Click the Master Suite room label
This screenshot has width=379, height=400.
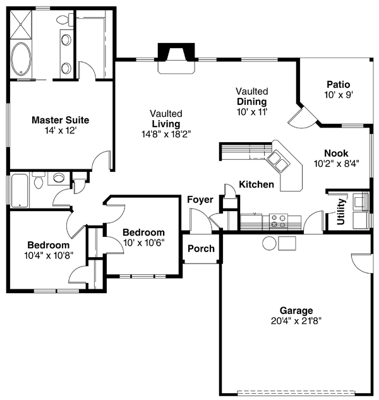pyautogui.click(x=60, y=119)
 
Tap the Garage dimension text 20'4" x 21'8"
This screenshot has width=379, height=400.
pyautogui.click(x=296, y=320)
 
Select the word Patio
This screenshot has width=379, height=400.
pyautogui.click(x=339, y=85)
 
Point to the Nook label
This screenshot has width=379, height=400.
pyautogui.click(x=336, y=153)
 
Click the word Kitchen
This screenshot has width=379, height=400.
pyautogui.click(x=256, y=185)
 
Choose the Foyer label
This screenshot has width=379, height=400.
pyautogui.click(x=200, y=200)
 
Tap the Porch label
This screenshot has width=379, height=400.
pyautogui.click(x=201, y=248)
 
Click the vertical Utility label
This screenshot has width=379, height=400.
pyautogui.click(x=341, y=212)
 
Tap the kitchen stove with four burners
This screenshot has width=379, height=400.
pyautogui.click(x=278, y=221)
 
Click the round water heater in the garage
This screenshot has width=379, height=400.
pyautogui.click(x=270, y=243)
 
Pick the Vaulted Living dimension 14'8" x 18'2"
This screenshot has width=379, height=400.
pyautogui.click(x=166, y=134)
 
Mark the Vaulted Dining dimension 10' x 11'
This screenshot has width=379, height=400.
pyautogui.click(x=252, y=111)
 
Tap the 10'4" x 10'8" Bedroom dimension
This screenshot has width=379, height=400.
pyautogui.click(x=48, y=256)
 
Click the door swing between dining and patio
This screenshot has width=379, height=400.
pyautogui.click(x=297, y=118)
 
